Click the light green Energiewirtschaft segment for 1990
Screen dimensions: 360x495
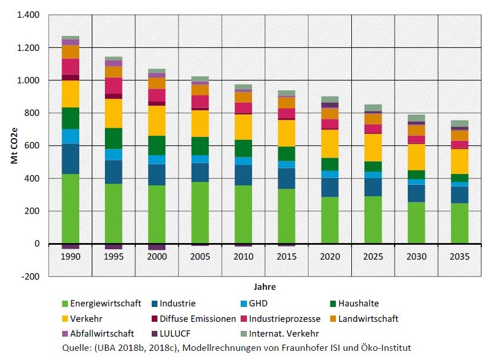tap(70, 209)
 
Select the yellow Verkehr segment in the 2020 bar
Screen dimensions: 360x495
tap(330, 143)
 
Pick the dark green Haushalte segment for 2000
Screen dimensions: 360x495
tap(157, 145)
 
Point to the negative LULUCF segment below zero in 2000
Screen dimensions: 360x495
tap(157, 247)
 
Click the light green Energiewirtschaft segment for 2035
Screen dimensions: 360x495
tap(460, 223)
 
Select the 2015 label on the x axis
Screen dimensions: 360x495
tap(286, 257)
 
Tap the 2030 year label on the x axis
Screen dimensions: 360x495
tap(416, 257)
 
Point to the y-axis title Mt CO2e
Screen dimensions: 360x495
tap(14, 145)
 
